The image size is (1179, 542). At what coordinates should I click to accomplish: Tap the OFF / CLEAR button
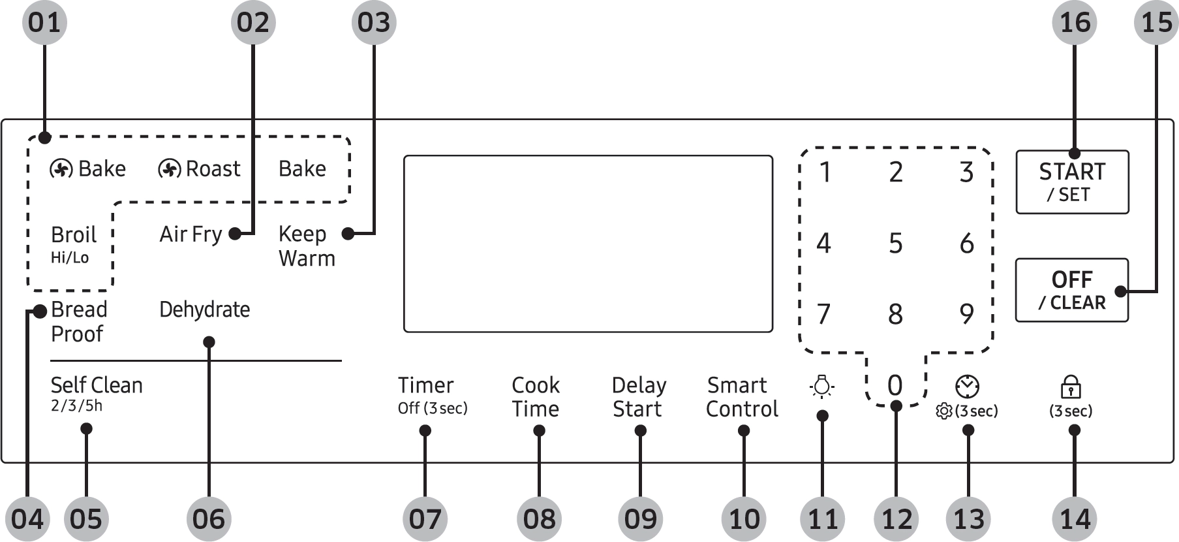(x=1071, y=290)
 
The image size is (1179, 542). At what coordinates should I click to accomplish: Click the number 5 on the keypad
(x=895, y=244)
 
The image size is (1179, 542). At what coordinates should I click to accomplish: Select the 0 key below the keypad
(x=895, y=385)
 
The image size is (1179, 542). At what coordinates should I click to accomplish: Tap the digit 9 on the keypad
(x=966, y=314)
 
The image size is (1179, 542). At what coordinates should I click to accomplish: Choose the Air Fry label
(x=191, y=234)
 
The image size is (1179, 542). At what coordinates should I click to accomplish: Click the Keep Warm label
(x=306, y=246)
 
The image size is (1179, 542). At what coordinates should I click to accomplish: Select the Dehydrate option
(x=204, y=310)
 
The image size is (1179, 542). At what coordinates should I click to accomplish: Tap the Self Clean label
(x=96, y=392)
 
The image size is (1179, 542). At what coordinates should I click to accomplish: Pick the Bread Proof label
(x=78, y=321)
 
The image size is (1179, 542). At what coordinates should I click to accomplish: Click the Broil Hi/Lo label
(x=73, y=244)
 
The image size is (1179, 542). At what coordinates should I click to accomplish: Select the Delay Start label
(x=639, y=396)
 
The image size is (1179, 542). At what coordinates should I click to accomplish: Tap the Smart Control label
(x=742, y=396)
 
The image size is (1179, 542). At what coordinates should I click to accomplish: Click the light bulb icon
(x=822, y=387)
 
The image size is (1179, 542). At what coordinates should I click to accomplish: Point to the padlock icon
(x=1071, y=386)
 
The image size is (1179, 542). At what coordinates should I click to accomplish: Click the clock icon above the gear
(x=967, y=387)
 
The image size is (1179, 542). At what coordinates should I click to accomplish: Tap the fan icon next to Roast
(x=169, y=169)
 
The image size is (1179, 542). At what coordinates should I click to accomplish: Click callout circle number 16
(x=1074, y=23)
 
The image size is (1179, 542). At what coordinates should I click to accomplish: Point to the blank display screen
(x=588, y=244)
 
